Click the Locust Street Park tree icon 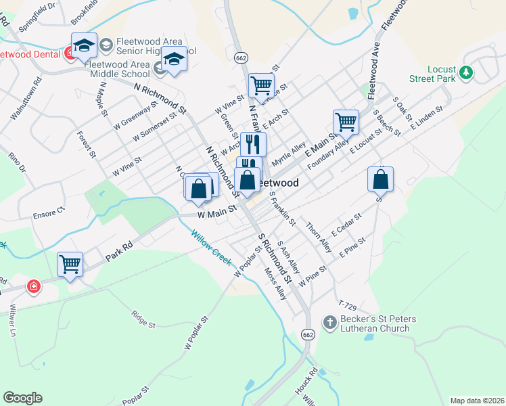pyautogui.click(x=465, y=72)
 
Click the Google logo pyautogui.click(x=22, y=398)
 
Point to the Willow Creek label pyautogui.click(x=211, y=248)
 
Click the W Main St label pyautogui.click(x=216, y=214)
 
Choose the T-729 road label pyautogui.click(x=347, y=305)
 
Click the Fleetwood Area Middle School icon pyautogui.click(x=160, y=68)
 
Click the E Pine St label pyautogui.click(x=354, y=246)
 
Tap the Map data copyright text pyautogui.click(x=476, y=401)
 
